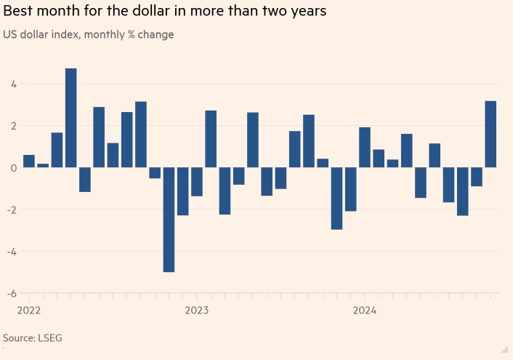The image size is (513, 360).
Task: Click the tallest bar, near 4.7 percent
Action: (71, 118)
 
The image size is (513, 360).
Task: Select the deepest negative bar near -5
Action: (169, 220)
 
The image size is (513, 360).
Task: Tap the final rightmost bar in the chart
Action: (490, 134)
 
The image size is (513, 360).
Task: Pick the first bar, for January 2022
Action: (29, 161)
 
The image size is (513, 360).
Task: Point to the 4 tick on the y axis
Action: (13, 84)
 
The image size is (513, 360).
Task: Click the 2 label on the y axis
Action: (13, 126)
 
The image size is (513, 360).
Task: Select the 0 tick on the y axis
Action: (13, 168)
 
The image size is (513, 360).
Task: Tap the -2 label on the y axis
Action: (11, 210)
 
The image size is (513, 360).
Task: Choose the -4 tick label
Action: (11, 252)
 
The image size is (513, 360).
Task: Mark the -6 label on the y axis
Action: (11, 294)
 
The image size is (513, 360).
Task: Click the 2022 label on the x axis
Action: (28, 311)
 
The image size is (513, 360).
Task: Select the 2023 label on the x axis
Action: (196, 311)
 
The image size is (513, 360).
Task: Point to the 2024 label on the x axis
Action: (364, 311)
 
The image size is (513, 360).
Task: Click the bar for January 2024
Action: (364, 148)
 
